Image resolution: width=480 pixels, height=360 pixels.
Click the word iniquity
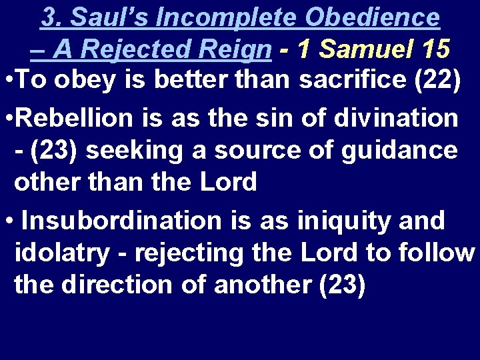point(339,220)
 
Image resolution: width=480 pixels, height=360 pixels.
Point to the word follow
point(436,253)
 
